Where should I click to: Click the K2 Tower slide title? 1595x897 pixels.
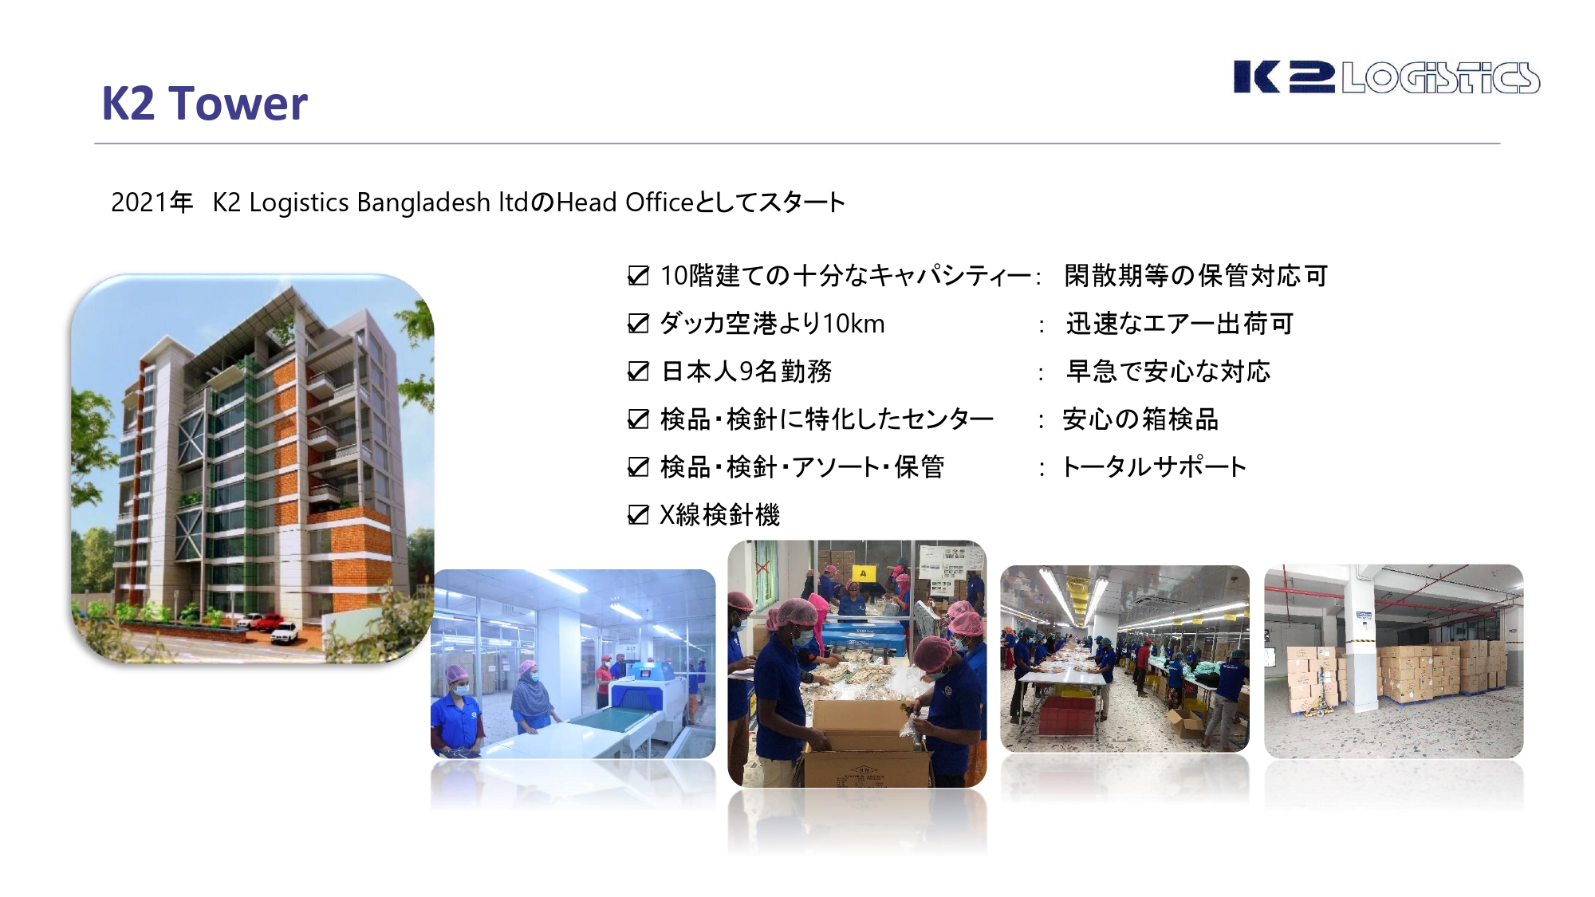204,104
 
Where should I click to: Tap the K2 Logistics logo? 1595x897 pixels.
1386,77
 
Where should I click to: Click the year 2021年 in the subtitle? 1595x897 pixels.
152,203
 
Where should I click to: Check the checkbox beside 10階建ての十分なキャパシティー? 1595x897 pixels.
638,276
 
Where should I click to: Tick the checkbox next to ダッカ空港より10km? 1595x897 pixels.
638,324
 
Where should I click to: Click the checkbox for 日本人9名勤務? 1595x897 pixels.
638,372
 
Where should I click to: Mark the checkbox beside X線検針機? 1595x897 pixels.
638,515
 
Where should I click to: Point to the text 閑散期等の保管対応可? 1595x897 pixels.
1195,276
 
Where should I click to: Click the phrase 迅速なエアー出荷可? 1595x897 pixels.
1180,324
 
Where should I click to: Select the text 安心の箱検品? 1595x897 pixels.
1140,419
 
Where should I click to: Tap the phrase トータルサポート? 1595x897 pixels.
1153,467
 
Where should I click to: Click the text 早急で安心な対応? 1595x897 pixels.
1168,372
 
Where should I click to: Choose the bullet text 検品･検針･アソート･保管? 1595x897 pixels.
802,467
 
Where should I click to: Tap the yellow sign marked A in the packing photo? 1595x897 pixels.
862,572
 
